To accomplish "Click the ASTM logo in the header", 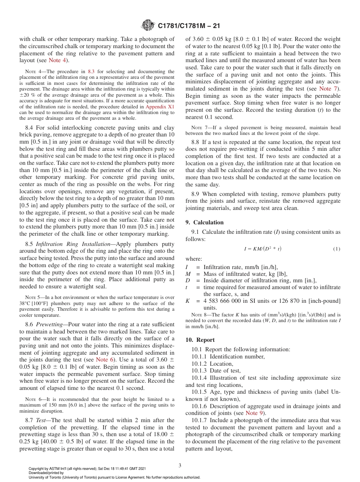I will click(x=148, y=25).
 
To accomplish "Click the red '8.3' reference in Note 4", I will click(x=92, y=71).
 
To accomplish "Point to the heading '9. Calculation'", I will click(x=205, y=222).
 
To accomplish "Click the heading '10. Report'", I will click(x=200, y=340).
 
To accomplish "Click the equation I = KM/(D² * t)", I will click(x=263, y=249).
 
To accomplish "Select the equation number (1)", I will click(x=337, y=249).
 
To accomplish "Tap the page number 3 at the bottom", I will click(x=180, y=465).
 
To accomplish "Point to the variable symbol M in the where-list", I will click(x=188, y=274).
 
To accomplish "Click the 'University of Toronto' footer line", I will click(x=114, y=477).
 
